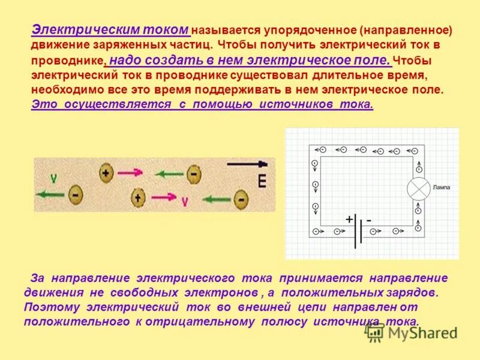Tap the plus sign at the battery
point(349,220)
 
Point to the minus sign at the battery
point(369,220)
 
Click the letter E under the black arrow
point(262,181)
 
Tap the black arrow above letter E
point(247,164)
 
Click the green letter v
point(53,178)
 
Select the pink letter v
point(184,202)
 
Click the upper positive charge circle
point(106,173)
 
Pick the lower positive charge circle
point(138,197)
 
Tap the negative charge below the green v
point(75,194)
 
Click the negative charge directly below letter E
point(241,198)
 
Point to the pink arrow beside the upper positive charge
point(130,173)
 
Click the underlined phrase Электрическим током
point(110,30)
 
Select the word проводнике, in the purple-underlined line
point(68,61)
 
